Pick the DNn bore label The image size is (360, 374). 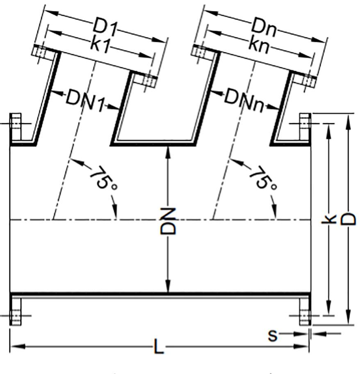click(245, 100)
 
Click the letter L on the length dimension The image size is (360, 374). click(159, 346)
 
